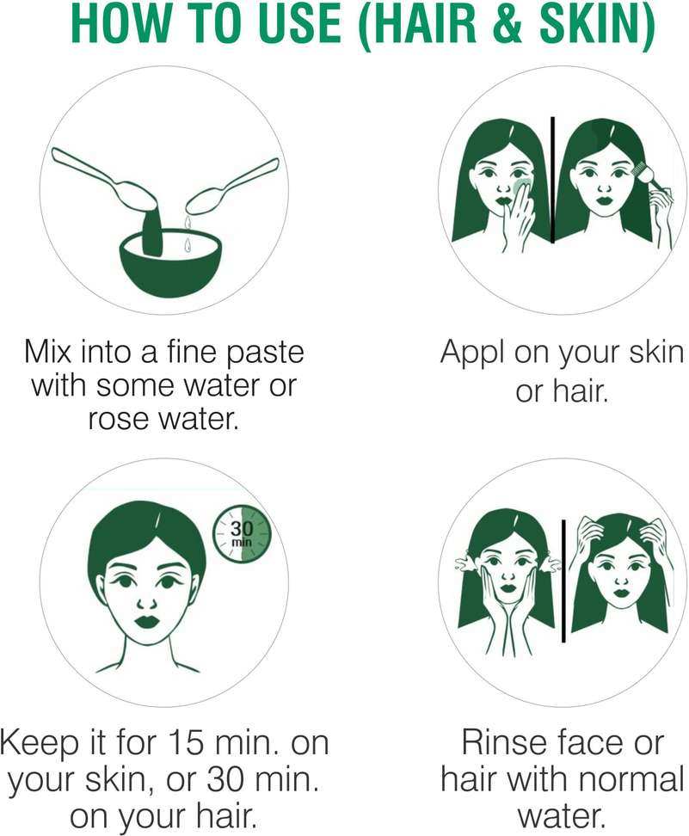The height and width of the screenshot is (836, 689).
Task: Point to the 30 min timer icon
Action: pyautogui.click(x=242, y=534)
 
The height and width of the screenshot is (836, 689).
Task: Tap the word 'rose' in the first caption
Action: pyautogui.click(x=120, y=420)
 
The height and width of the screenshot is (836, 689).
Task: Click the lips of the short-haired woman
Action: pyautogui.click(x=145, y=622)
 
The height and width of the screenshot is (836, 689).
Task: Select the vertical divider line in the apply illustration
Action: pyautogui.click(x=552, y=180)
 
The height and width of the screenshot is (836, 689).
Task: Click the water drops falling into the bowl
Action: pyautogui.click(x=188, y=233)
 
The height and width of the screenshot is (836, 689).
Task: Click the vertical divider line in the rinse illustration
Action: pyautogui.click(x=563, y=581)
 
